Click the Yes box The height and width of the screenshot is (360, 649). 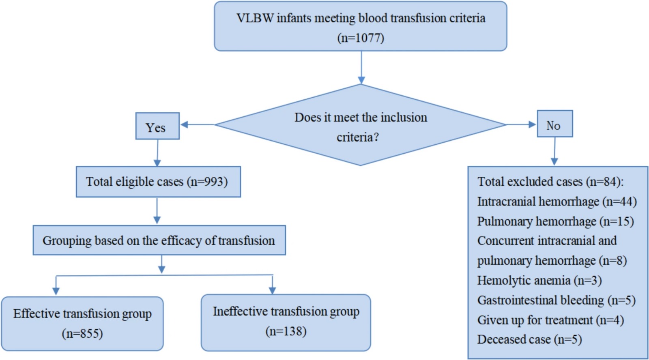(157, 126)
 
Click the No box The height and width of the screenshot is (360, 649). (555, 124)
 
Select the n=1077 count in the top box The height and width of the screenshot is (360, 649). (361, 38)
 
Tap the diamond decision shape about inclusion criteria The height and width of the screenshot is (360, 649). (361, 125)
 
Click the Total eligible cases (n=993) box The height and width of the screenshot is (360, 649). (158, 182)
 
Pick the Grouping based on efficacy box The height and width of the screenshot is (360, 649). (159, 240)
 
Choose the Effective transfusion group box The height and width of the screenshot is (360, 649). (82, 324)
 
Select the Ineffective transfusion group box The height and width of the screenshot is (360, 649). (286, 323)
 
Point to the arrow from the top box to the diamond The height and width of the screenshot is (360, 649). (361, 67)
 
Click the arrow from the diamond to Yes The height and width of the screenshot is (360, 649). (198, 124)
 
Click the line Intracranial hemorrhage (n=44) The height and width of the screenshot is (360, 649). (557, 201)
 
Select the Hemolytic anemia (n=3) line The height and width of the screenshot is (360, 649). (539, 281)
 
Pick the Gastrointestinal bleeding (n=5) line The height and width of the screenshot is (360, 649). (556, 300)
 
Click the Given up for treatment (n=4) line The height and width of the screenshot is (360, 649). (550, 320)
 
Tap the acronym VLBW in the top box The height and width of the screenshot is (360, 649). (255, 18)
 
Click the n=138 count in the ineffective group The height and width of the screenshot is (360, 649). (286, 331)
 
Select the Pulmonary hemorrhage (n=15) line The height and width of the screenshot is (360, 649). (555, 221)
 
